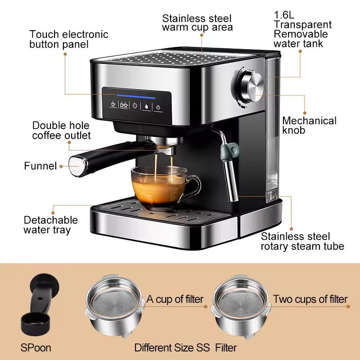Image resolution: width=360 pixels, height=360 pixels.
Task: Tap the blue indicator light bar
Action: (136, 96)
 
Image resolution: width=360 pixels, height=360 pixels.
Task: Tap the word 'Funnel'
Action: (40, 166)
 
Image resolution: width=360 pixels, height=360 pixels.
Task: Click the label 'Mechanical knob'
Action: (309, 126)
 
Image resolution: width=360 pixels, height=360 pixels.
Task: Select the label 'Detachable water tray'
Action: (50, 225)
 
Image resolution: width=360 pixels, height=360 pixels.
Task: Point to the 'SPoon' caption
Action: (36, 347)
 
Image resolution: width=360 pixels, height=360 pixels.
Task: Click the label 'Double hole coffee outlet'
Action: (61, 130)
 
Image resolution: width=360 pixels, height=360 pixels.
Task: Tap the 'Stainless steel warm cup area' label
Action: (197, 23)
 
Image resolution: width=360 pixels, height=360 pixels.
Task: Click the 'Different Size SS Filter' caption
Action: (185, 347)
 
